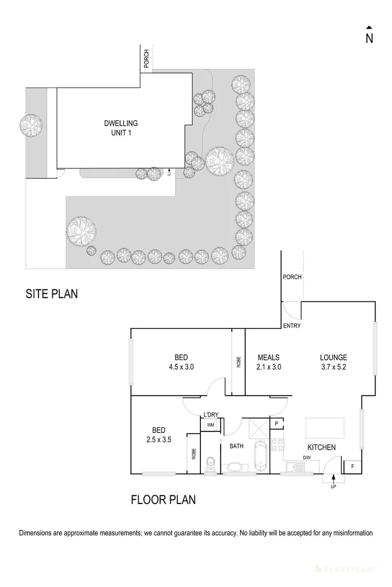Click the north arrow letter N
click(x=369, y=38)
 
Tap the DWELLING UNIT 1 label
click(x=121, y=128)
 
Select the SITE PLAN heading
click(x=51, y=294)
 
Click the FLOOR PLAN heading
click(x=163, y=500)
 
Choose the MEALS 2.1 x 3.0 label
click(x=269, y=362)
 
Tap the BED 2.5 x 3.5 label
click(x=157, y=435)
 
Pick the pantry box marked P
click(x=276, y=423)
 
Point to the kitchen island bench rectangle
click(x=325, y=427)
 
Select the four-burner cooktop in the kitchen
click(x=277, y=445)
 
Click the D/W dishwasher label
click(x=307, y=458)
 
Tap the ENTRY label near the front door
click(x=292, y=326)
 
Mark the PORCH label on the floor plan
click(x=291, y=277)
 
